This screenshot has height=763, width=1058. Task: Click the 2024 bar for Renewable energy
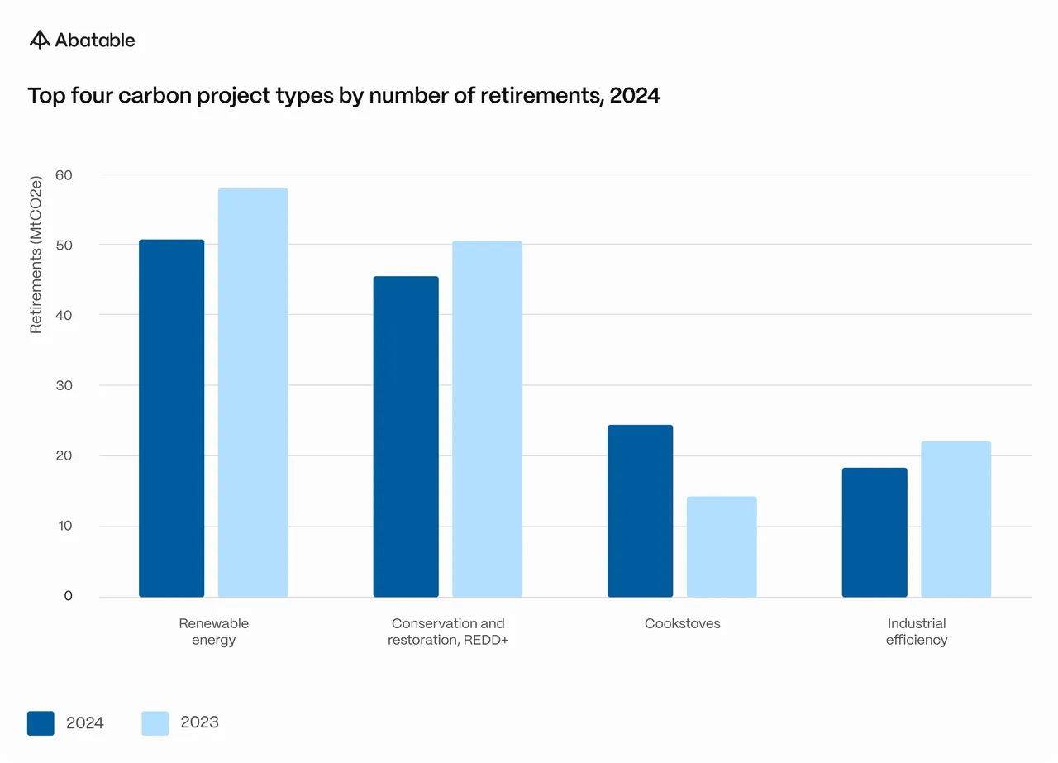pos(171,418)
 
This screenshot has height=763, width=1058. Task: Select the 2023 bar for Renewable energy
pos(253,393)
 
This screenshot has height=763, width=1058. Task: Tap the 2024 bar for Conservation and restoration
pos(406,436)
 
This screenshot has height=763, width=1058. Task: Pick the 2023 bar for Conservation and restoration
pos(488,419)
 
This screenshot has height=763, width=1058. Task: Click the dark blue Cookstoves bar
pos(640,511)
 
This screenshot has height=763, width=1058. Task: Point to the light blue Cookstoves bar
pos(722,546)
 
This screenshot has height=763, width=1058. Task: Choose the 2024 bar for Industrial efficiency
pos(875,532)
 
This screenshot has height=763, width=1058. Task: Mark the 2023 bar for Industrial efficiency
pos(956,519)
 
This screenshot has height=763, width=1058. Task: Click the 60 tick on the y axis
pos(64,175)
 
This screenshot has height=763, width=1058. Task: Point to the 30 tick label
pos(64,385)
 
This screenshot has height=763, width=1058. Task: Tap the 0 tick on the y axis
pos(68,596)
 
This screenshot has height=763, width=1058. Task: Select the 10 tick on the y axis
pos(64,526)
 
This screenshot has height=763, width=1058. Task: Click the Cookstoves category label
pos(682,623)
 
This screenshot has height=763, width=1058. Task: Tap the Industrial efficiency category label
pos(917,632)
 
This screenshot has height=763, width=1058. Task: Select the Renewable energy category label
pos(213,632)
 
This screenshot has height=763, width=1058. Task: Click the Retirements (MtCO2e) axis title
pos(36,255)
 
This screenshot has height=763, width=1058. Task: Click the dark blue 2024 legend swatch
pos(41,723)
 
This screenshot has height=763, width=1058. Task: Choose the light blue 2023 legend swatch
pos(155,723)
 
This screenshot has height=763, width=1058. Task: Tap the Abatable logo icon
pos(40,40)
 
